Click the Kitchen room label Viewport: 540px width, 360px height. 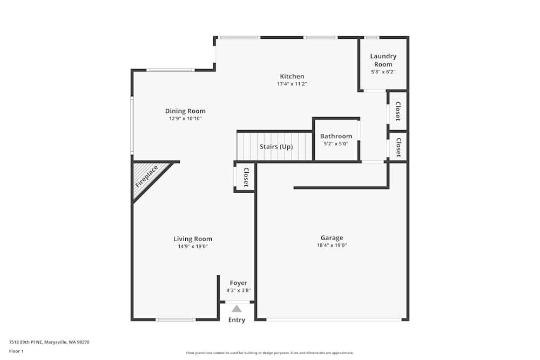tap(292, 77)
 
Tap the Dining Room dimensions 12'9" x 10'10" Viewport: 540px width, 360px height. tap(185, 118)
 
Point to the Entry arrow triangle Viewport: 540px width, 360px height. tap(237, 309)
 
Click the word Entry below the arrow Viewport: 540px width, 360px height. tap(237, 320)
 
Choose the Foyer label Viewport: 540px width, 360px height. tap(239, 283)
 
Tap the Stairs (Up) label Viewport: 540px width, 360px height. tap(276, 147)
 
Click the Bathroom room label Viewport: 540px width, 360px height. tap(336, 136)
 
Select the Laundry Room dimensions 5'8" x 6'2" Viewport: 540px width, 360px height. tap(383, 72)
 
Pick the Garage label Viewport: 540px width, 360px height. tap(332, 238)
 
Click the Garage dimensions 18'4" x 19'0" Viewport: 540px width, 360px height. tap(332, 246)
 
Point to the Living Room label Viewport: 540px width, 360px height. tap(193, 239)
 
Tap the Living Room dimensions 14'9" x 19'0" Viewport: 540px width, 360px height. tap(193, 247)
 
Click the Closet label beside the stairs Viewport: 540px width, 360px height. tap(246, 177)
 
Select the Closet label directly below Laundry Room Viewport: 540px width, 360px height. tap(398, 111)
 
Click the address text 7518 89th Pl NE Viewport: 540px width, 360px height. tap(26, 342)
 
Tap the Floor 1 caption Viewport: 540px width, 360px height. tap(16, 351)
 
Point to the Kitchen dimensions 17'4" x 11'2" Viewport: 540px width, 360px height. tap(292, 84)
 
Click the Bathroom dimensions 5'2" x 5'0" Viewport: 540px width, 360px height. tap(336, 144)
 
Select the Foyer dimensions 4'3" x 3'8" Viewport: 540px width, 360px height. tap(239, 290)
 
